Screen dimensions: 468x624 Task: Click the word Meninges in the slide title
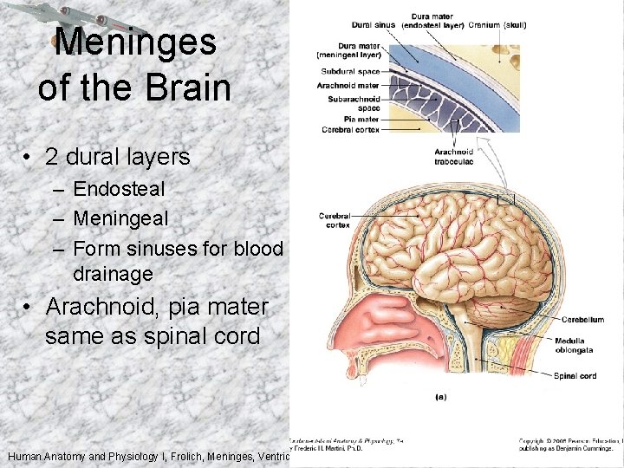(x=134, y=42)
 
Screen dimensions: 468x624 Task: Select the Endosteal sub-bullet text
(x=119, y=188)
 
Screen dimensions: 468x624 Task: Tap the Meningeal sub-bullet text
(x=120, y=218)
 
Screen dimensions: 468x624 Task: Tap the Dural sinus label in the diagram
(x=374, y=24)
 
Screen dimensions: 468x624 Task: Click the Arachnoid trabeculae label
(x=453, y=156)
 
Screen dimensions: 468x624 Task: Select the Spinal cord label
(x=575, y=375)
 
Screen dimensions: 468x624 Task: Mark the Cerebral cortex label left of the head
(x=334, y=220)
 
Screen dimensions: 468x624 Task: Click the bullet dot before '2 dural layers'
(x=28, y=158)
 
